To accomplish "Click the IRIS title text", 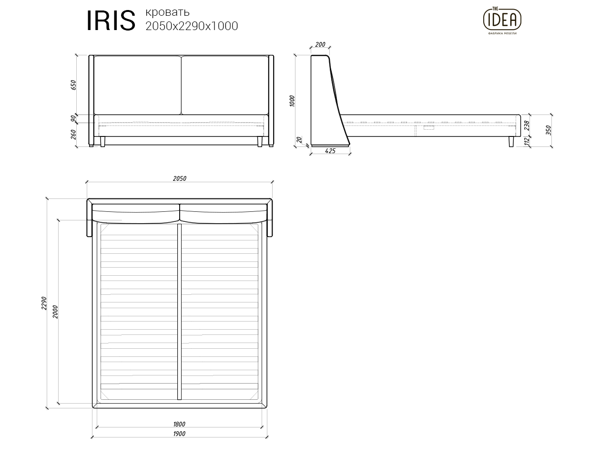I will click(110, 21).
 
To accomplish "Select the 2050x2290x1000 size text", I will click(192, 26).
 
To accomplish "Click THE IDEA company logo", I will click(502, 21).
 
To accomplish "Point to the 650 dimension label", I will click(73, 85).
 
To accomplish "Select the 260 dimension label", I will click(73, 135).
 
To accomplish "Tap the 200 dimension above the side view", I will click(320, 45).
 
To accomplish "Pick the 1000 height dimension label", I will click(292, 101).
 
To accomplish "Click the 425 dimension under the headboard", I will click(330, 151).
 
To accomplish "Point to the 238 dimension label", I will click(527, 125).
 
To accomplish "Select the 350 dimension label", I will click(549, 130).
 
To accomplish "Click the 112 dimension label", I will click(527, 141).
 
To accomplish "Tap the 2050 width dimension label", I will click(180, 179).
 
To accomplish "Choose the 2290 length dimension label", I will click(44, 303).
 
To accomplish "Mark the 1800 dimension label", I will click(179, 424).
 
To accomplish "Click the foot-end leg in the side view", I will click(511, 142).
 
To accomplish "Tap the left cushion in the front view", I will click(137, 85).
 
